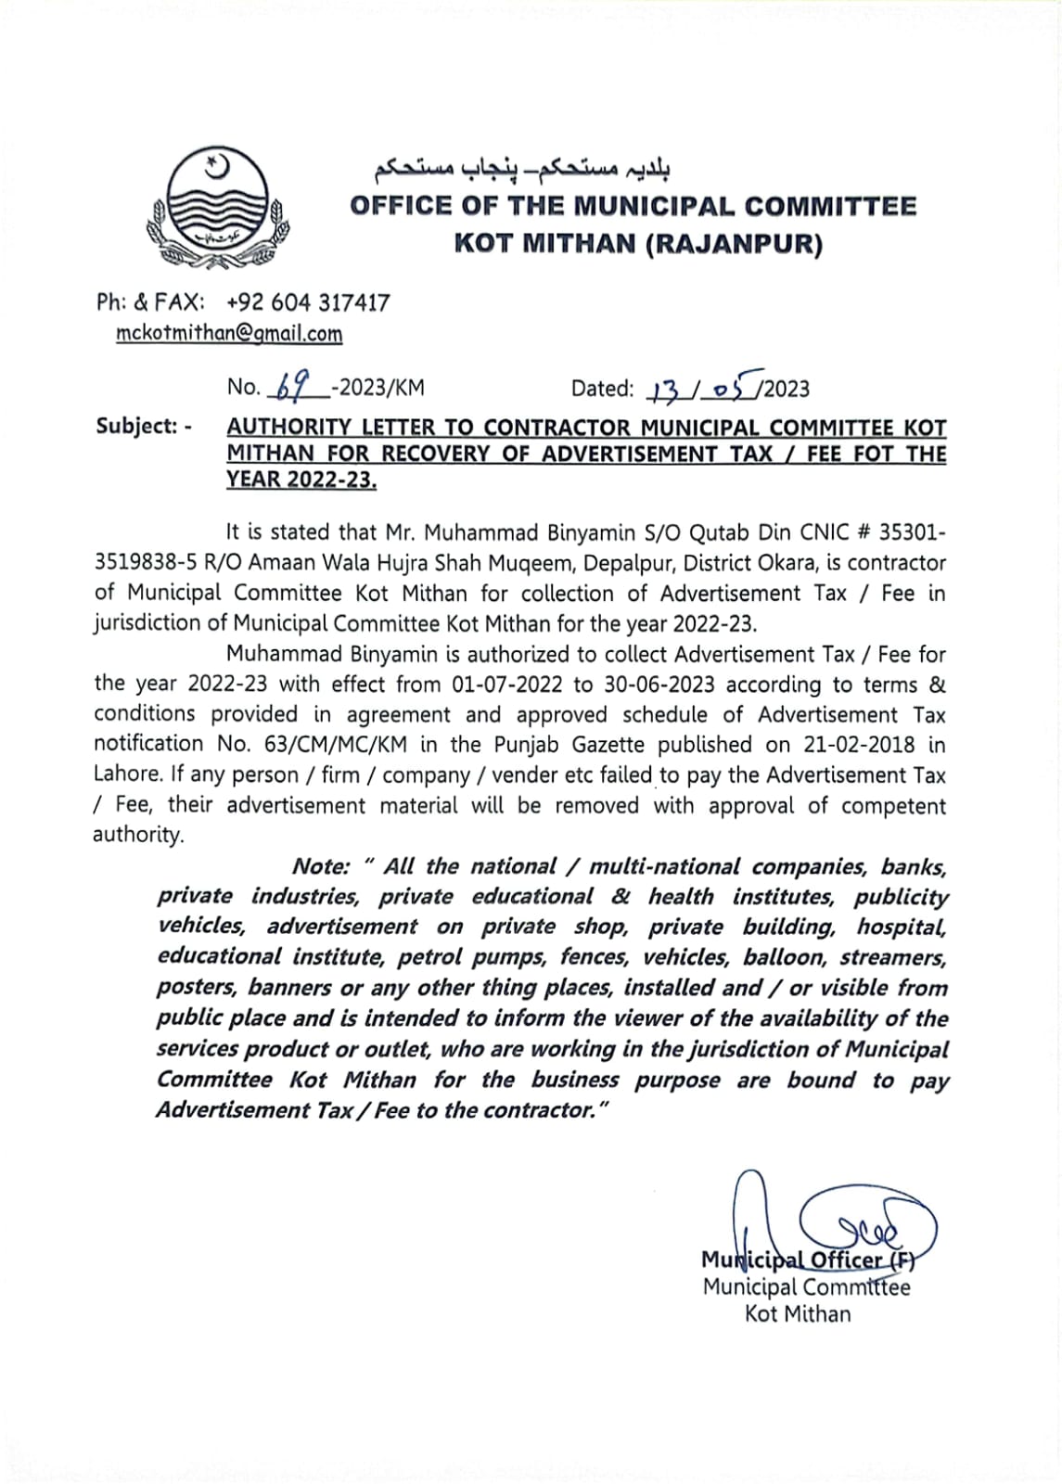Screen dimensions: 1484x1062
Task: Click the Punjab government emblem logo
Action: [217, 209]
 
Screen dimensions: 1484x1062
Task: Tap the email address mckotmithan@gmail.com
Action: [229, 334]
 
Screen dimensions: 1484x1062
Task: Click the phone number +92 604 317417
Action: [308, 302]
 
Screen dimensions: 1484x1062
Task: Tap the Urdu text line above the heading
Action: [522, 168]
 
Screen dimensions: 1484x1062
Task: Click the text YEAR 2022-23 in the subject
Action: [301, 480]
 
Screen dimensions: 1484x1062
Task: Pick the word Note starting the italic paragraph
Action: [321, 866]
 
